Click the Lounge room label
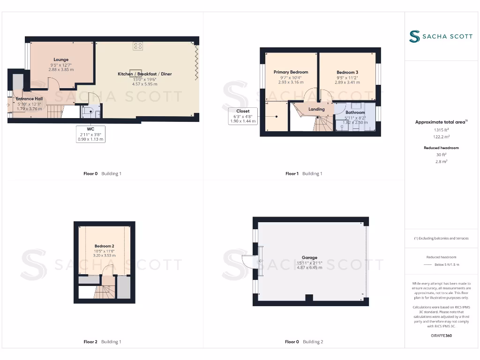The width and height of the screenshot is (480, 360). click(x=61, y=60)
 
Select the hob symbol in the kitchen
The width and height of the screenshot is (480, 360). click(x=138, y=46)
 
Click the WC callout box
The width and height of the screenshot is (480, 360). click(x=91, y=134)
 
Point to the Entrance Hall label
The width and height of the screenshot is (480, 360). click(x=29, y=99)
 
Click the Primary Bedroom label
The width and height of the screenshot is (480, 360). click(x=291, y=72)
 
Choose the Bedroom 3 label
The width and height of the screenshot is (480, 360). click(x=347, y=72)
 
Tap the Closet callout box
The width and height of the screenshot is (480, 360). click(x=243, y=116)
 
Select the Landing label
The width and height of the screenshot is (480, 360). click(x=316, y=109)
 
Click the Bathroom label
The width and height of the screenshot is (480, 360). click(x=355, y=112)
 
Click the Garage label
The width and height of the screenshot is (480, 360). click(x=309, y=257)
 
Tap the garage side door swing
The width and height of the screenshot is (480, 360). click(x=247, y=262)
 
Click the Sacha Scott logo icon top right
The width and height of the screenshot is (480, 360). click(x=414, y=37)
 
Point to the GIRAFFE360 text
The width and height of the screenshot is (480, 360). click(x=441, y=336)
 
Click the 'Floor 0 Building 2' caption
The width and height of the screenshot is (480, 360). click(x=304, y=342)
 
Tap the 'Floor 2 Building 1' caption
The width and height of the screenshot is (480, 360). click(x=102, y=342)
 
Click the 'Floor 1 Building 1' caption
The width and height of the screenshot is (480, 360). click(x=304, y=173)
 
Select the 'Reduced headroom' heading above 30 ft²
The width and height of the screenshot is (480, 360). click(x=441, y=148)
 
